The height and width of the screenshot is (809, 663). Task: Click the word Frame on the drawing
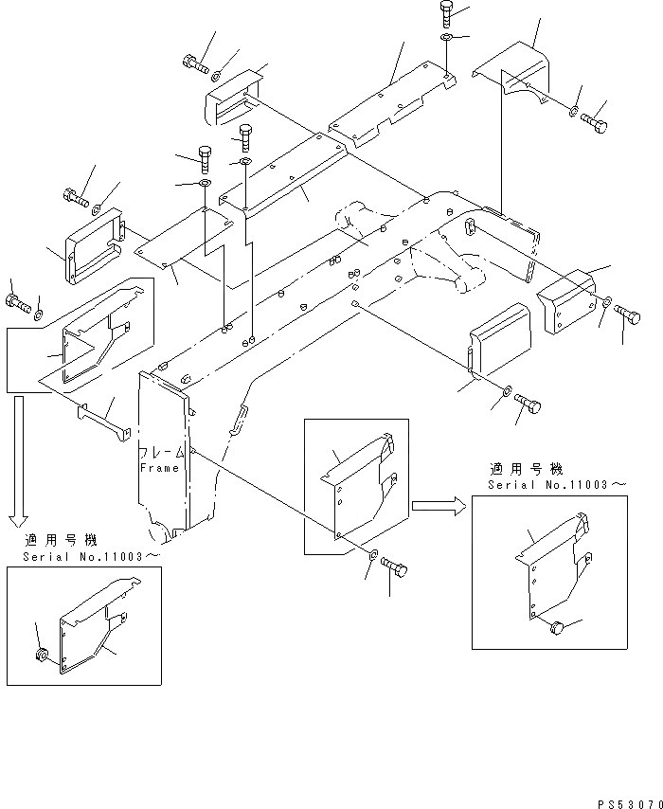(x=159, y=468)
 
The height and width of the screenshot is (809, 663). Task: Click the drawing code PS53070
(x=630, y=804)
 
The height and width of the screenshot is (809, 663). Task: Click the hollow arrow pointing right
(x=439, y=506)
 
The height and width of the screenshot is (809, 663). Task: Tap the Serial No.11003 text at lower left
(x=91, y=557)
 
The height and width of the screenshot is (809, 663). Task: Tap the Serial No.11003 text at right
(x=557, y=485)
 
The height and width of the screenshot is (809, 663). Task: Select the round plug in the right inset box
(x=557, y=628)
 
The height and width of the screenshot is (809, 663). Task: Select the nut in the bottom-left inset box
(x=42, y=655)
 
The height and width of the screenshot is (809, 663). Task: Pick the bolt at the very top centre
(x=447, y=13)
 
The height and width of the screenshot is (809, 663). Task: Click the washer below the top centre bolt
(x=447, y=37)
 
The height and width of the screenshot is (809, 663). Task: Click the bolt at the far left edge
(x=19, y=303)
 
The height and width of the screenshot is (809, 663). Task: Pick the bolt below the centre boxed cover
(x=395, y=567)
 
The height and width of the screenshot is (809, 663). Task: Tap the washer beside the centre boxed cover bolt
(x=373, y=554)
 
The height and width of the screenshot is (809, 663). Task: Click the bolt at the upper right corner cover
(x=595, y=123)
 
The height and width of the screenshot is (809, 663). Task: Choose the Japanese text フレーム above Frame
(x=161, y=453)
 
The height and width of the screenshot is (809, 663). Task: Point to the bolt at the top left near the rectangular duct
(x=195, y=64)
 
